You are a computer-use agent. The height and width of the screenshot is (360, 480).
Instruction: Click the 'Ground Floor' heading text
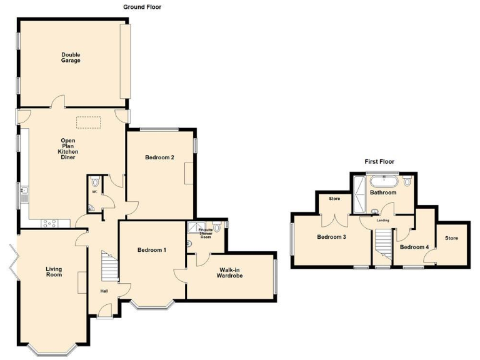[142, 7]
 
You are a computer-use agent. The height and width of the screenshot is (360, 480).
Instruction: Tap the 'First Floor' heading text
[379, 161]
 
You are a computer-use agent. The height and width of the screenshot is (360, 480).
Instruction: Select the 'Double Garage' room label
[71, 57]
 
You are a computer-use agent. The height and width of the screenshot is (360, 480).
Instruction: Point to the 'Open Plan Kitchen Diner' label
[67, 149]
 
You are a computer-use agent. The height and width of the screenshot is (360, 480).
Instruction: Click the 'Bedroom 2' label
[159, 157]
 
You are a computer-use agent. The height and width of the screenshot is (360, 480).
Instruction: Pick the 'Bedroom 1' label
[152, 250]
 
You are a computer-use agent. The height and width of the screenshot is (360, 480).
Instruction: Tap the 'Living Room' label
[54, 272]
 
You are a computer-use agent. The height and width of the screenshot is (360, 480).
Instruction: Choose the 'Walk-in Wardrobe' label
[230, 272]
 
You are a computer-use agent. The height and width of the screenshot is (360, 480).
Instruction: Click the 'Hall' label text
[104, 290]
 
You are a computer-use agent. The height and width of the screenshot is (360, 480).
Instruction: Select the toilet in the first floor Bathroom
[407, 182]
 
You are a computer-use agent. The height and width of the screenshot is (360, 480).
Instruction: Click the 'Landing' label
[383, 220]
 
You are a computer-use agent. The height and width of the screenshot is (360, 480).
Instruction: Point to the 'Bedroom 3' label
[331, 237]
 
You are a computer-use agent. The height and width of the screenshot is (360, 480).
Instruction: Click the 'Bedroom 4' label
[414, 247]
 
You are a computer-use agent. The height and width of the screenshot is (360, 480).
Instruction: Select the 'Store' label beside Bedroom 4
[451, 238]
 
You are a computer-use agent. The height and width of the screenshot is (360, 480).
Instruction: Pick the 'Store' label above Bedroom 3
[334, 200]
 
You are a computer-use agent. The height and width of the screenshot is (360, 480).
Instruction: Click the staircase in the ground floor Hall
[110, 267]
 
